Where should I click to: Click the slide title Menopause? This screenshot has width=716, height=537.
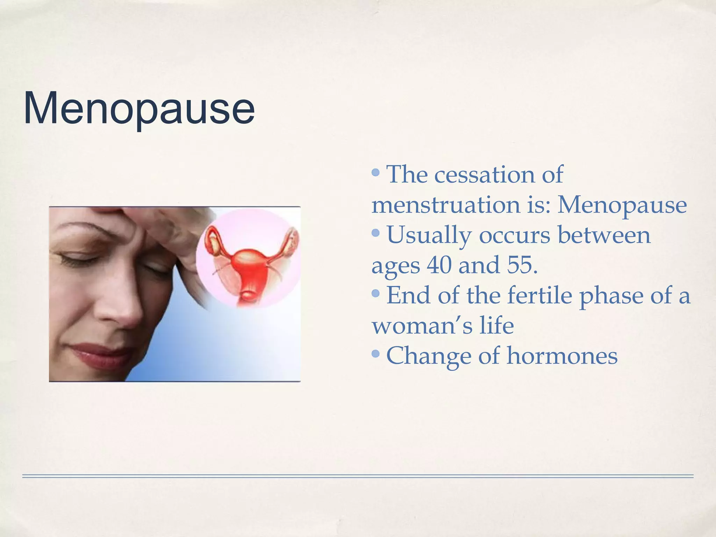click(x=139, y=108)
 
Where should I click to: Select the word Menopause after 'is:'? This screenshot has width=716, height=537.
click(x=622, y=205)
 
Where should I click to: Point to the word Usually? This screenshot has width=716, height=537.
click(x=429, y=235)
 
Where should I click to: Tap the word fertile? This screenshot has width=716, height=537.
click(x=540, y=295)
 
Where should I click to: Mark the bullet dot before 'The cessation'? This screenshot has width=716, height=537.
click(x=376, y=172)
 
